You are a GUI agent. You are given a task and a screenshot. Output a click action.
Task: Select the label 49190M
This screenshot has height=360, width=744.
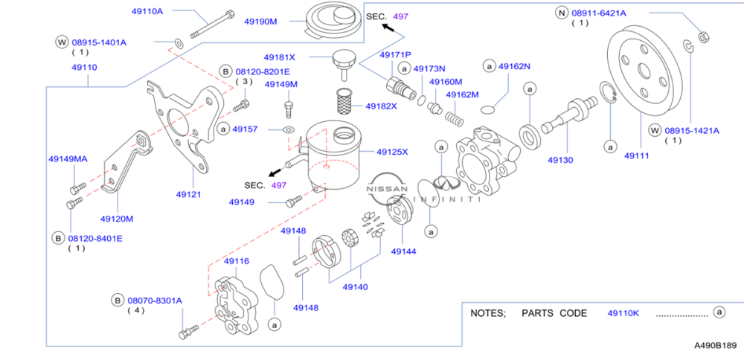[260, 22]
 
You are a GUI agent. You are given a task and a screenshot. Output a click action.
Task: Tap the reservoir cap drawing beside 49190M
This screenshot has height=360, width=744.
[332, 20]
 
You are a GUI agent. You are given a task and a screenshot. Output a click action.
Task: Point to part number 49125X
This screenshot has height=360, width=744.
[392, 152]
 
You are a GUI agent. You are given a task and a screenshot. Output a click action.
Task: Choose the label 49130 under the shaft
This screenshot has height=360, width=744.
[560, 160]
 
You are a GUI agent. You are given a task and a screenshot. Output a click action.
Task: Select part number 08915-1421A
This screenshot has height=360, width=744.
[692, 130]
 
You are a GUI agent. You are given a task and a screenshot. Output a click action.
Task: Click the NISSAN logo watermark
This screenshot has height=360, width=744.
[387, 190]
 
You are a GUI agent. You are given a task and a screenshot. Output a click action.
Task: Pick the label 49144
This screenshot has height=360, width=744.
[404, 252]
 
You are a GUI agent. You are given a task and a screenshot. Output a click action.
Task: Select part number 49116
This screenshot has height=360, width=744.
[237, 261]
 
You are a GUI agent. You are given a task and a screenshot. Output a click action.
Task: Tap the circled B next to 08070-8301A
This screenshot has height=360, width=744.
[118, 300]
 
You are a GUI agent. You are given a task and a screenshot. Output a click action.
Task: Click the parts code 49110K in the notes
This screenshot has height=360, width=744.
[623, 313]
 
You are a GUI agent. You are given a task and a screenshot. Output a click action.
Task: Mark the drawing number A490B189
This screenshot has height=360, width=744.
[715, 346]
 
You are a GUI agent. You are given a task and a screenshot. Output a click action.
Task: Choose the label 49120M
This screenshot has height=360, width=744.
[117, 219]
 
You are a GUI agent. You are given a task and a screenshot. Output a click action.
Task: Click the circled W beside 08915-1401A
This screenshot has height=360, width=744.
[61, 42]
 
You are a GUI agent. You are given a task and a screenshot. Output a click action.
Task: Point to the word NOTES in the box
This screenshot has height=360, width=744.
[487, 313]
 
